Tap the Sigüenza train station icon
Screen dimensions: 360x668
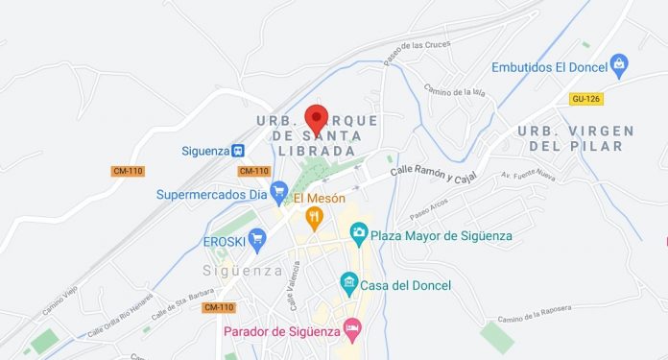[x=237, y=151]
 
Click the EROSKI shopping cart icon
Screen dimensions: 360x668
[x=256, y=242]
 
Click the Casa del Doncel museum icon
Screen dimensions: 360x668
[x=349, y=284]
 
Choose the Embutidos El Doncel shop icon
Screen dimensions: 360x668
[x=618, y=65]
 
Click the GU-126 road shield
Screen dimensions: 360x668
[x=584, y=99]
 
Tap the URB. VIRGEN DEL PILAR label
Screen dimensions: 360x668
[x=575, y=138]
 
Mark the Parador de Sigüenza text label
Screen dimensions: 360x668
[x=281, y=332]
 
